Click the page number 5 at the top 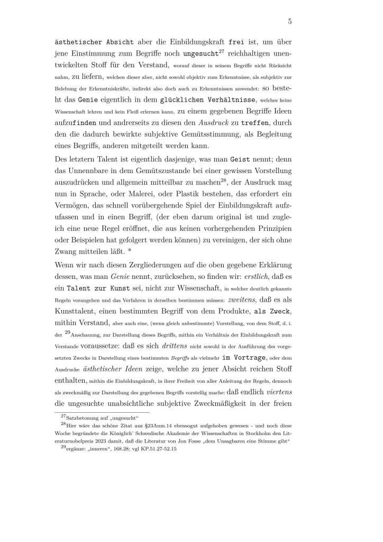[290, 22]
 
